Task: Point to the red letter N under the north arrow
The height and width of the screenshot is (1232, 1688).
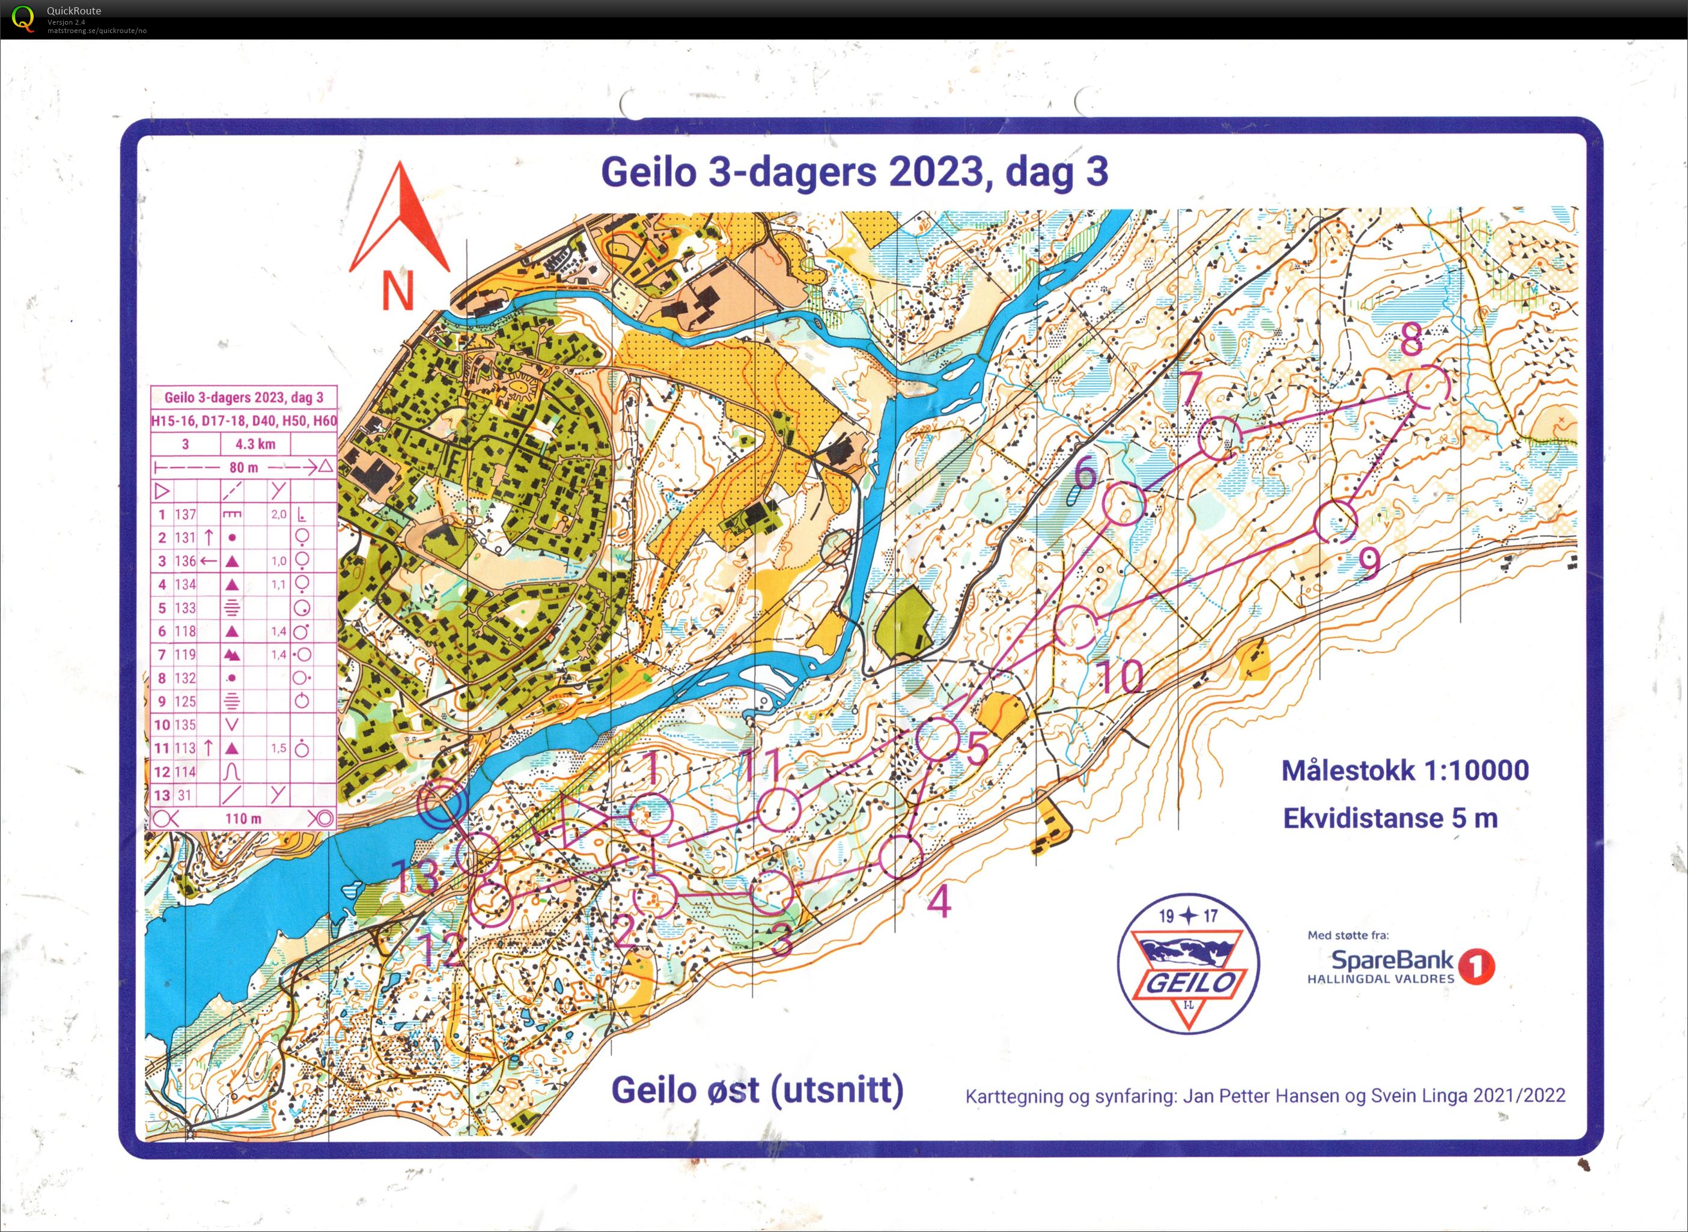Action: pyautogui.click(x=398, y=290)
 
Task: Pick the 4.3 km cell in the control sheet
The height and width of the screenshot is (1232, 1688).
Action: pyautogui.click(x=255, y=445)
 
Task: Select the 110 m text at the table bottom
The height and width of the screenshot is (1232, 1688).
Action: pyautogui.click(x=243, y=819)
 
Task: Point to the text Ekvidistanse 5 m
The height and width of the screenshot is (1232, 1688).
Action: pyautogui.click(x=1389, y=818)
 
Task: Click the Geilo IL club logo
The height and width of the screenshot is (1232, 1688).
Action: pyautogui.click(x=1187, y=963)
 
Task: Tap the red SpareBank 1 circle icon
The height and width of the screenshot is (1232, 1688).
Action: pyautogui.click(x=1476, y=966)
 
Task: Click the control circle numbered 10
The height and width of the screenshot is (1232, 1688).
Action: pyautogui.click(x=1075, y=627)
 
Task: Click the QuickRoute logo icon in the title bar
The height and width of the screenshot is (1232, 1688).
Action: pyautogui.click(x=22, y=18)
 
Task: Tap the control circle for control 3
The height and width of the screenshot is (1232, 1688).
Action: pyautogui.click(x=771, y=893)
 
